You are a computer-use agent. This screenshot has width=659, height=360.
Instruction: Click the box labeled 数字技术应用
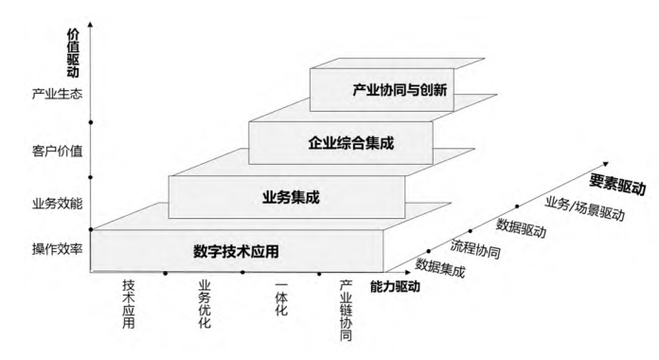pyautogui.click(x=238, y=252)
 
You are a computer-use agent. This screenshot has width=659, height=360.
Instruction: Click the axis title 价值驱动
pyautogui.click(x=73, y=53)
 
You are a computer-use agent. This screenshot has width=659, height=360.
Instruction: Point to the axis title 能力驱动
pyautogui.click(x=394, y=284)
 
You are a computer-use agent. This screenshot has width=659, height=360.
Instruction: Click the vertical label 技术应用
pyautogui.click(x=130, y=303)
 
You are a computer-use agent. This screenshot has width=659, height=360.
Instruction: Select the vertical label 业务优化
pyautogui.click(x=205, y=303)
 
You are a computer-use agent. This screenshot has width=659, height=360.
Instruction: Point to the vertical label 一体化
pyautogui.click(x=281, y=297)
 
